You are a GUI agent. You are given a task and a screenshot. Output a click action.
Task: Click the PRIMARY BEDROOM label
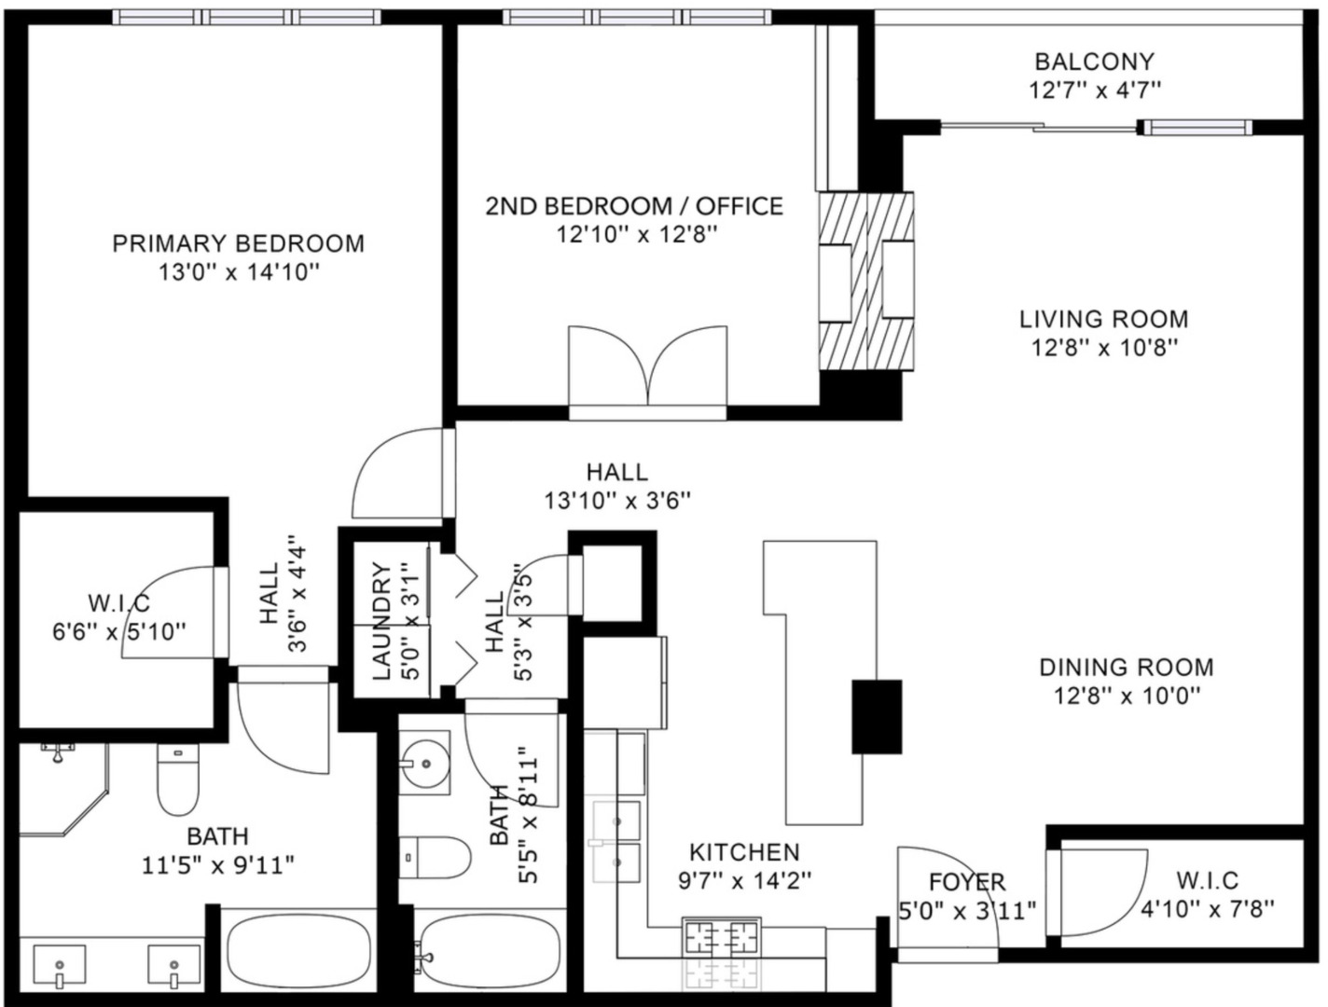[x=239, y=243]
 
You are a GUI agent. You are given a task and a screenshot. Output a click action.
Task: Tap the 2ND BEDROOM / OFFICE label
[x=634, y=207]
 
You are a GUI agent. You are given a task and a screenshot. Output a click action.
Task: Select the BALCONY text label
[x=1095, y=62]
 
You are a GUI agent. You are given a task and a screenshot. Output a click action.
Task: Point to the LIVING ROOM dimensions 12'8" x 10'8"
[x=1104, y=349]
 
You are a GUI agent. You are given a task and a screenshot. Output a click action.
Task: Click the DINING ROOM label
[x=1127, y=667]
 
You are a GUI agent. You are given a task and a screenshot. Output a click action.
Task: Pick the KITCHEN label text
[x=744, y=852]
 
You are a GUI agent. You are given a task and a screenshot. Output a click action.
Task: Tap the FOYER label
[x=967, y=882]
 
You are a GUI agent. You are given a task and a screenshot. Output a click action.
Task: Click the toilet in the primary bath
[x=178, y=779]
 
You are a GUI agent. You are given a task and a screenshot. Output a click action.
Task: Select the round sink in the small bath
[x=424, y=764]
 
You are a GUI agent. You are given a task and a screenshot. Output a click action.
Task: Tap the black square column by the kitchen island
[x=877, y=717]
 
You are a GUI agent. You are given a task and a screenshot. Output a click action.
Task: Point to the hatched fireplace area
[x=865, y=282]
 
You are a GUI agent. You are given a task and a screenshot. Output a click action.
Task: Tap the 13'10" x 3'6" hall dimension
[x=617, y=501]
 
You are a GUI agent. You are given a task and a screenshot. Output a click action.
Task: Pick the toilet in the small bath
[x=435, y=857]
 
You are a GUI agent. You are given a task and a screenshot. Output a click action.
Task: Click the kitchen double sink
[x=616, y=842]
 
